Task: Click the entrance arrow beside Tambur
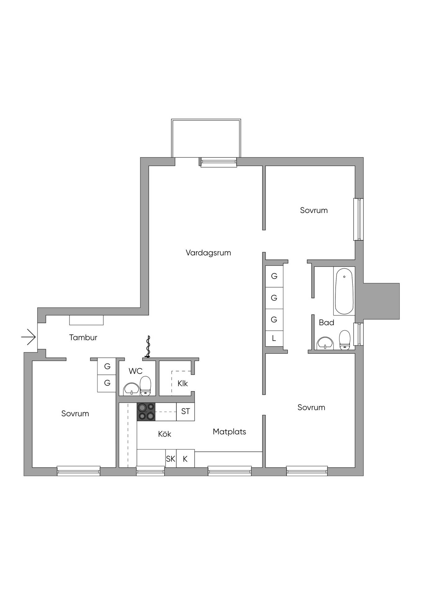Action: tap(29, 337)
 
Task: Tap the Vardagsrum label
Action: tap(208, 253)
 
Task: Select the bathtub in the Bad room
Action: tap(344, 291)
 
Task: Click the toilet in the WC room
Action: tap(145, 386)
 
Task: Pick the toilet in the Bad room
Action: tap(345, 340)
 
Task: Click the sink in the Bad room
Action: tap(325, 343)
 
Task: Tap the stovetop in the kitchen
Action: tap(146, 412)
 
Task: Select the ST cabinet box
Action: tap(186, 412)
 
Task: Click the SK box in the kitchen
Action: tap(171, 459)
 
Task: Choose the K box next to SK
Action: tap(186, 459)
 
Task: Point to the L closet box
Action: tap(274, 338)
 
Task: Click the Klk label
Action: tap(183, 383)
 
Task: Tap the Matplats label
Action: tap(229, 432)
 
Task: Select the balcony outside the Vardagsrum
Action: tap(206, 138)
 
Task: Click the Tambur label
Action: tap(83, 337)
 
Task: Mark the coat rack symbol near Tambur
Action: tap(148, 347)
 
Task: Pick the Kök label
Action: tap(164, 434)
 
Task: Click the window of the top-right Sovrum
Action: tap(359, 219)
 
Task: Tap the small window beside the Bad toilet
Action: tap(359, 334)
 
